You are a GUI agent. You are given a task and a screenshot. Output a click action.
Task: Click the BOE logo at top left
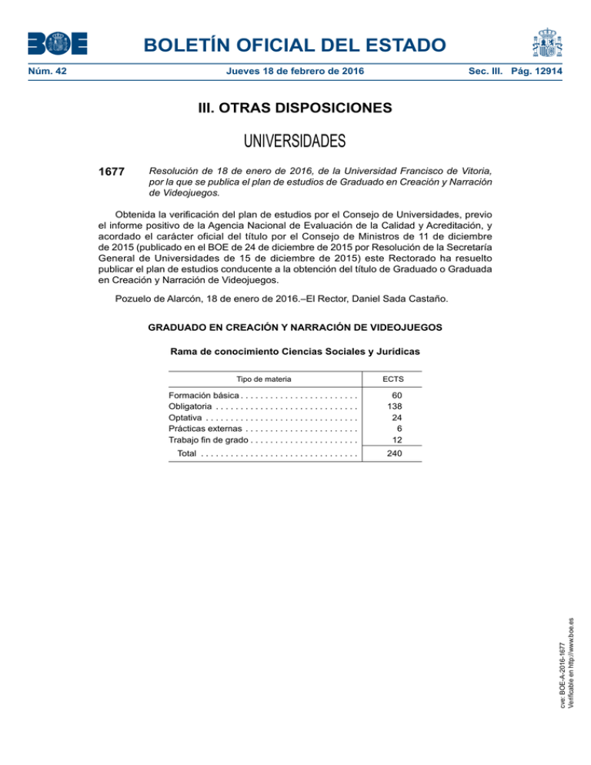coord(58,43)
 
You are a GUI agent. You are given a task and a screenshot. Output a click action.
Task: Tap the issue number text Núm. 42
coord(45,72)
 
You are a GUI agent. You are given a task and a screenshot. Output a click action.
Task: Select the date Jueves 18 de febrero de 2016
coord(295,72)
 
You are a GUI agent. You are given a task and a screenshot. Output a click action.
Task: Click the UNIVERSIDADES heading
coord(295,142)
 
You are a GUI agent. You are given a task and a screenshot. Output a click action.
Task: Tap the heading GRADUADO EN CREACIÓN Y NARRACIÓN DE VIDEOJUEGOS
coord(295,327)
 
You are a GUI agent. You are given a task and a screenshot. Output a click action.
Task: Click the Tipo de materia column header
coord(263,379)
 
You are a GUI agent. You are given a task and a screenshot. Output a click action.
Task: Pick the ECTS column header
coord(392,379)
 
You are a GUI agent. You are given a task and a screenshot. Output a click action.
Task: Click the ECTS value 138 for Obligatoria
coord(396,406)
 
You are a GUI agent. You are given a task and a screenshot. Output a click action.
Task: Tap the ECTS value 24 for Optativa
coord(398,417)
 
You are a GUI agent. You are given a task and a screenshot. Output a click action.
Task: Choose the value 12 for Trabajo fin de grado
coord(398,439)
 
